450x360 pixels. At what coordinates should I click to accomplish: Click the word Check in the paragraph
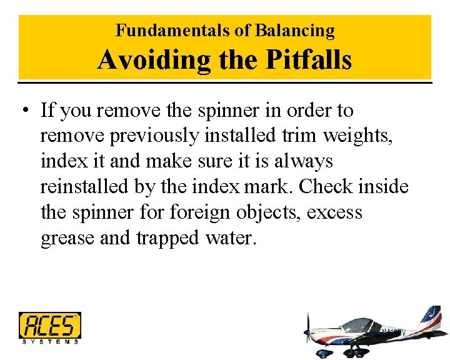point(332,187)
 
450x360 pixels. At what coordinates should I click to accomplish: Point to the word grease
point(67,238)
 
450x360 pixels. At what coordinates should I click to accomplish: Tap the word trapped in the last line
point(166,238)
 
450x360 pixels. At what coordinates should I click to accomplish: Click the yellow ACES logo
point(50,325)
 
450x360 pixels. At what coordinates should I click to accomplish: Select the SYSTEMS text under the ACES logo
point(50,341)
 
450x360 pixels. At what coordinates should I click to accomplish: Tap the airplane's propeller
point(307,331)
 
